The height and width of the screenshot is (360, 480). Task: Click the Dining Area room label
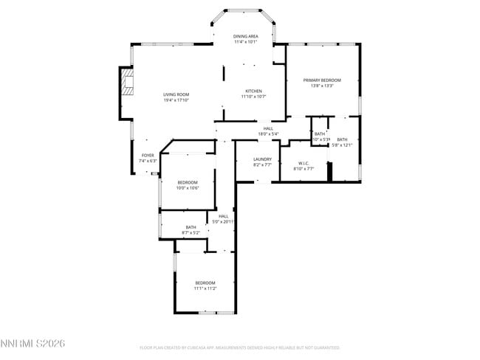(246, 36)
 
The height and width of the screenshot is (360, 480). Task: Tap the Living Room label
(176, 94)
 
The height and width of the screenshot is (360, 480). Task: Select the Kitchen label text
(254, 91)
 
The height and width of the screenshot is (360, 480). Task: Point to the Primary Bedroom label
(322, 80)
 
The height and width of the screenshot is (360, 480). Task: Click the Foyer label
(148, 155)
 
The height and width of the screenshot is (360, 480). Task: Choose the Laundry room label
(262, 159)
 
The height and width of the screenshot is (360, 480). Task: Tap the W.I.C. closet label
(304, 163)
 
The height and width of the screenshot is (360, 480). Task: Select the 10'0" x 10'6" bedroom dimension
(188, 188)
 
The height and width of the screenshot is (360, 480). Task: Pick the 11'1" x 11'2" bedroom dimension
(205, 288)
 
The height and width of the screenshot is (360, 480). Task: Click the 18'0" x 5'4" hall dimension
(268, 134)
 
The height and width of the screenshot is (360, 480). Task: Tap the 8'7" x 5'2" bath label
(191, 232)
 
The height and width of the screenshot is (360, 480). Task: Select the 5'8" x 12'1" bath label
(342, 145)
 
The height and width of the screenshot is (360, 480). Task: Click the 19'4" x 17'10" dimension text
(176, 100)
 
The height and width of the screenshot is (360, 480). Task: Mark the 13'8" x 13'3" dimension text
(322, 86)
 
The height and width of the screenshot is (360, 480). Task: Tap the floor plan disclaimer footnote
(239, 347)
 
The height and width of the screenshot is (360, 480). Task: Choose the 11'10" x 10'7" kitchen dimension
(254, 97)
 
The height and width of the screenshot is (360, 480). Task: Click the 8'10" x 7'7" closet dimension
(304, 169)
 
